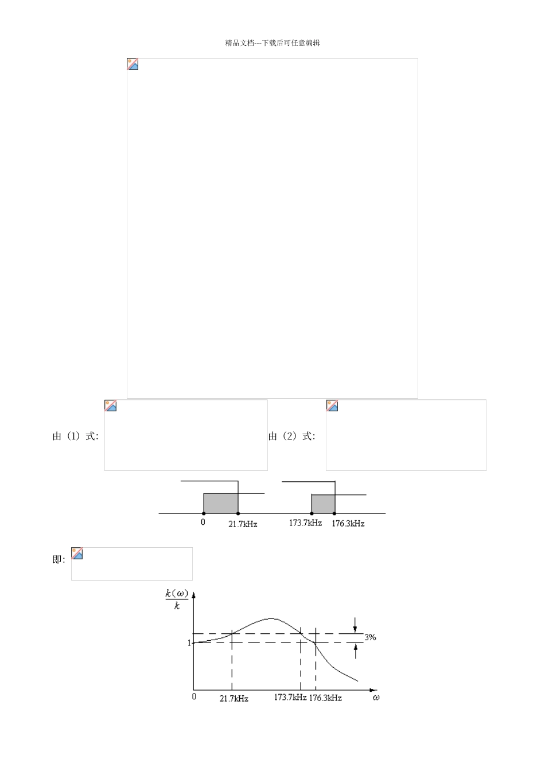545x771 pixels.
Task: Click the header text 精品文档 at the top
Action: coord(240,42)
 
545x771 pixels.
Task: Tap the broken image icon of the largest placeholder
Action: coord(133,64)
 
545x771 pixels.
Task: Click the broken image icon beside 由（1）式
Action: coord(111,406)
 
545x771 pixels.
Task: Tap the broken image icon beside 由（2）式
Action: coord(332,406)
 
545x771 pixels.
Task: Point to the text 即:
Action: coord(59,559)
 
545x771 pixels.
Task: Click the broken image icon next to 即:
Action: coord(77,554)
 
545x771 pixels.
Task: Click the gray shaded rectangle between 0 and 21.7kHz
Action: coord(221,503)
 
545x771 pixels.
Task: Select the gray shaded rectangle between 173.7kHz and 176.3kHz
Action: coord(324,504)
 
